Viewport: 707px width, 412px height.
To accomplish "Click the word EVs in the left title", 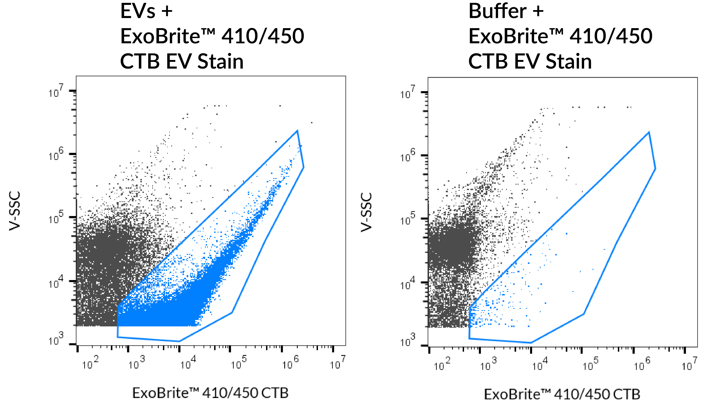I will coord(138,11).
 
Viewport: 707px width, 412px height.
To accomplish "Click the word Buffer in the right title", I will coord(497,11).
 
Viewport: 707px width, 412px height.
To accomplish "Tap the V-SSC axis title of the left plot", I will coord(15,211).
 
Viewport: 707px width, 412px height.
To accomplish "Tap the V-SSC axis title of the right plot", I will coord(366,212).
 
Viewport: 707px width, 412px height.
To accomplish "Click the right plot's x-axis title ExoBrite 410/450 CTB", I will coord(562,394).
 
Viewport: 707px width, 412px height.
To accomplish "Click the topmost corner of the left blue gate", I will coord(297,130).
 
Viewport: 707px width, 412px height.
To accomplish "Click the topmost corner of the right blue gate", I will coord(649,132).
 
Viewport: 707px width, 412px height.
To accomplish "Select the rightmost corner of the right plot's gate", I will coord(655,169).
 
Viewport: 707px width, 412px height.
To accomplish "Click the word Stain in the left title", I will coord(221,62).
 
